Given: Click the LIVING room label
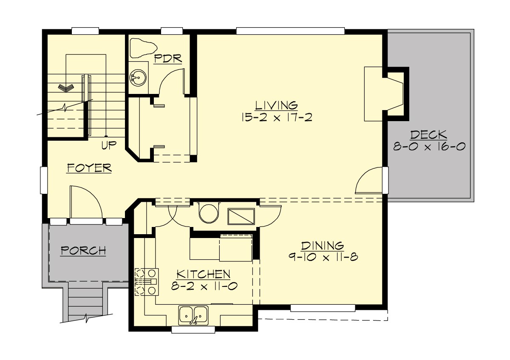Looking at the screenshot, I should tap(276, 105).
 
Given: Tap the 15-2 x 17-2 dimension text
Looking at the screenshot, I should tap(276, 117).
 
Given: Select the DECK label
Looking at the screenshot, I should tap(428, 135).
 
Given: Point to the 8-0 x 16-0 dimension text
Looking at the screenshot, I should tap(428, 147).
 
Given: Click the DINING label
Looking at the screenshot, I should tap(322, 246).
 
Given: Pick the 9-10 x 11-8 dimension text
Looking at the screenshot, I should tap(322, 258).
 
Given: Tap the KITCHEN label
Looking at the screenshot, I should tap(204, 274).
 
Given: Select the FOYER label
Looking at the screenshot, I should tap(89, 168).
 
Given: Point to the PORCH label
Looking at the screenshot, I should tap(83, 251).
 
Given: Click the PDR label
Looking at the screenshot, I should tap(168, 58).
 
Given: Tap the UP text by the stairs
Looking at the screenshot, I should tap(109, 146).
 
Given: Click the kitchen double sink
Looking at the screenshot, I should tap(193, 315).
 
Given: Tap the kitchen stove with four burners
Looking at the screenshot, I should tap(146, 282).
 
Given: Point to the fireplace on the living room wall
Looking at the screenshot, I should tap(385, 94).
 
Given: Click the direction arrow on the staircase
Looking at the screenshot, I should tap(66, 88).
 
